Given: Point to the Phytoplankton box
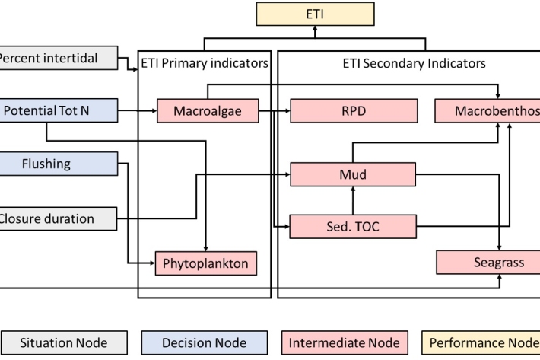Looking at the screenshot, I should [x=205, y=263].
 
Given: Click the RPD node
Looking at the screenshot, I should [x=353, y=111].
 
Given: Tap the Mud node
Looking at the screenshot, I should [x=353, y=174].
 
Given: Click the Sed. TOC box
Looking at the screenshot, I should [x=353, y=226].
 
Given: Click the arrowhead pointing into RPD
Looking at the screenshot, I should [x=287, y=111].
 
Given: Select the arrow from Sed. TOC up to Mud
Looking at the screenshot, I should [x=353, y=200].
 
